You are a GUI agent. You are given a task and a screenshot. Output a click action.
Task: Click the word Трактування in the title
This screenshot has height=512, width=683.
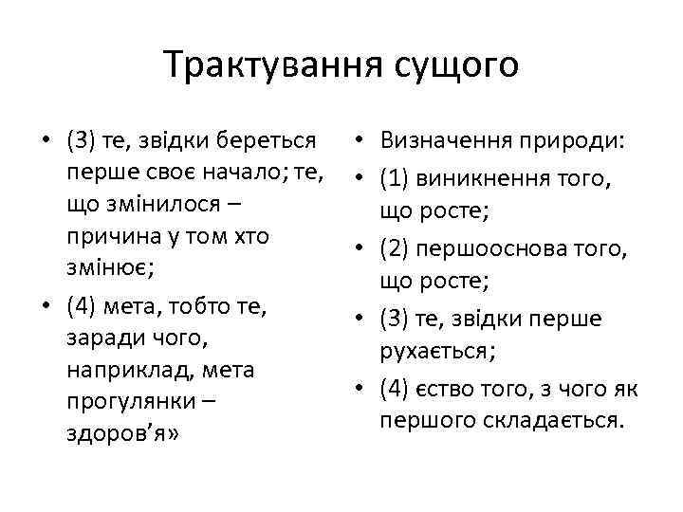click(x=269, y=65)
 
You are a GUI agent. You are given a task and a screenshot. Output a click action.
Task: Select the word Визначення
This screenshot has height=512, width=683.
click(x=445, y=141)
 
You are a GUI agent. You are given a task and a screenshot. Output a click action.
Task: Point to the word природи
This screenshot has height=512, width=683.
click(x=571, y=141)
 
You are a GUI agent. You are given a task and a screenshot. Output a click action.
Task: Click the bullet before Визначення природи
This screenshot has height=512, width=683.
click(x=361, y=142)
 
